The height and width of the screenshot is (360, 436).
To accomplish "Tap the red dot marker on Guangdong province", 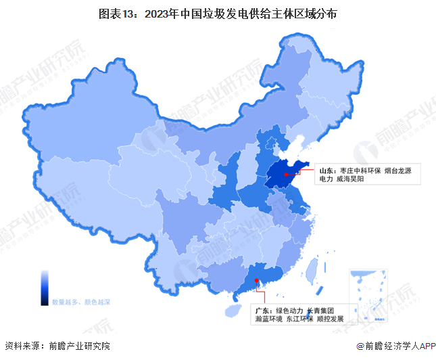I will click(256, 281).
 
